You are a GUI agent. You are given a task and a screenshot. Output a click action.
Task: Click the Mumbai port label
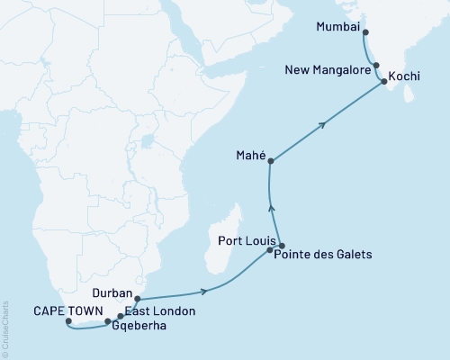(x=337, y=28)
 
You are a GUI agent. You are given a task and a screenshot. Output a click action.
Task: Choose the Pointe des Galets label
(x=324, y=256)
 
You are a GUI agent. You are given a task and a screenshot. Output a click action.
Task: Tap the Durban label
(x=112, y=293)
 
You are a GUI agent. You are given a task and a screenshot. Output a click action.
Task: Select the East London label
(x=160, y=310)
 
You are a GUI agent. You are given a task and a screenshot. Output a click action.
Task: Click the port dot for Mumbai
(x=364, y=28)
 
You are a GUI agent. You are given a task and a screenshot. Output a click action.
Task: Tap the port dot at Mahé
(x=271, y=161)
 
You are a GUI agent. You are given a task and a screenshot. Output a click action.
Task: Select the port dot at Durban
(x=137, y=297)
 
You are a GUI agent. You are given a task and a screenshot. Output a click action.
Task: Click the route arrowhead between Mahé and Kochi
(x=322, y=126)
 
